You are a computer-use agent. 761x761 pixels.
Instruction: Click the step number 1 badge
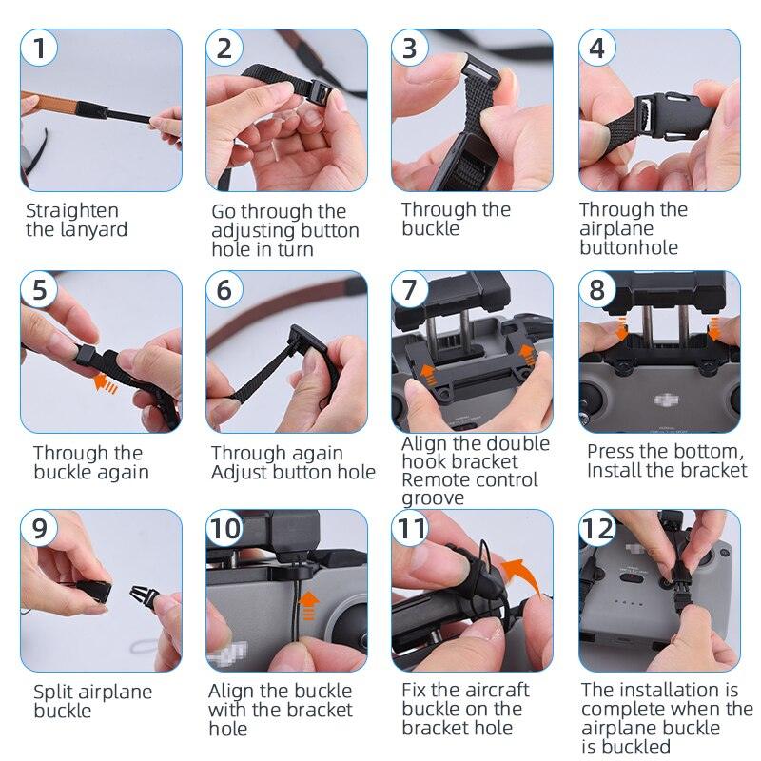[x=39, y=48]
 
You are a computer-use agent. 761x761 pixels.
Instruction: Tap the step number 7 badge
[x=410, y=289]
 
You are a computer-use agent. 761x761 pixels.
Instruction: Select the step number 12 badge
[x=600, y=529]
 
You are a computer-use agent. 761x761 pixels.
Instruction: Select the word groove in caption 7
[x=433, y=498]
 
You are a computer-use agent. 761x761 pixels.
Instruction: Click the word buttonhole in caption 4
[x=629, y=247]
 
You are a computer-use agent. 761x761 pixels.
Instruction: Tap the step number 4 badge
[x=596, y=48]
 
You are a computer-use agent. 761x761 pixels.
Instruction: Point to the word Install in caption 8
[x=617, y=471]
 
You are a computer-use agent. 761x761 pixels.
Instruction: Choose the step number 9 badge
[x=39, y=529]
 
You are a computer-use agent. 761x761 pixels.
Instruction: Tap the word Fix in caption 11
[x=416, y=690]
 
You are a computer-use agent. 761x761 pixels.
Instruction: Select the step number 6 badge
[x=224, y=289]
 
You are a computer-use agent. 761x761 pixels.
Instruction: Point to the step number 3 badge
[x=410, y=48]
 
